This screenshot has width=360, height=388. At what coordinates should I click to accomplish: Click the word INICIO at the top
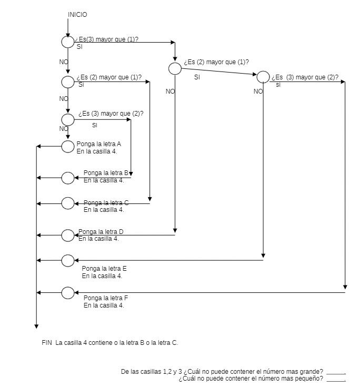pos(77,14)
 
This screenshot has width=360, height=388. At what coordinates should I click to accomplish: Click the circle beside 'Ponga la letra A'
pos(68,147)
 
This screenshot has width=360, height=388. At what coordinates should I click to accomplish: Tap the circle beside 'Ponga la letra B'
pos(68,178)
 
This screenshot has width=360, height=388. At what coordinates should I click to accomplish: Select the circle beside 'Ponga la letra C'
pos(68,203)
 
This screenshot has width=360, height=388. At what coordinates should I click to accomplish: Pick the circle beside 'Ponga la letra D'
pos(68,235)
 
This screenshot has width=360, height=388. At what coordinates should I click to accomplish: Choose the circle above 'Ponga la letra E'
pos(68,260)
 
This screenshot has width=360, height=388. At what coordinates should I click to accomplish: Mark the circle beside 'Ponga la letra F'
pos(68,292)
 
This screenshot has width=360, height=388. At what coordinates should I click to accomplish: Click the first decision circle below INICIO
pos(68,42)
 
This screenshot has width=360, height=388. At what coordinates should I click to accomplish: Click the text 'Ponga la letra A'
pos(99,144)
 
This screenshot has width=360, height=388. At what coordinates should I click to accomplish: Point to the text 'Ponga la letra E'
pos(104,269)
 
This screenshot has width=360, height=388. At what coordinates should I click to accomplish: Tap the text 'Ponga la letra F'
pos(105,298)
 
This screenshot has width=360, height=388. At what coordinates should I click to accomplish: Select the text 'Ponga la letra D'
pos(101,232)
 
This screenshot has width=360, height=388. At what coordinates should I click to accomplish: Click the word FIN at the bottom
pos(46,343)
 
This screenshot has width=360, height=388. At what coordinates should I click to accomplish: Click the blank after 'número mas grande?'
pos(336,372)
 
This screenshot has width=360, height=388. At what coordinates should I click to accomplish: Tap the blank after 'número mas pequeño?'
pos(336,379)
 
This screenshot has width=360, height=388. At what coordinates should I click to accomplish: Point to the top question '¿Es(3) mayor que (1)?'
pos(106,40)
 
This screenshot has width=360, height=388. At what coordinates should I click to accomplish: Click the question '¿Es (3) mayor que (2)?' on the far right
pos(305,77)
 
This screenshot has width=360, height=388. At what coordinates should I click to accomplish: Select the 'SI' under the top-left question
pos(79,47)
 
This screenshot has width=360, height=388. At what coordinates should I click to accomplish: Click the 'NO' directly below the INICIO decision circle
pos(64,62)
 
